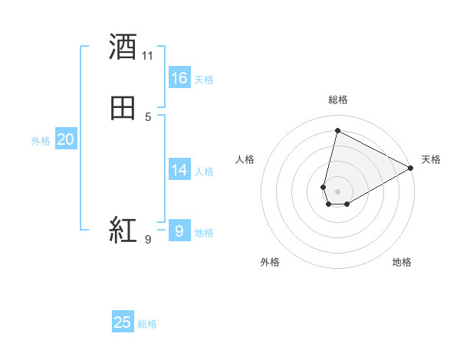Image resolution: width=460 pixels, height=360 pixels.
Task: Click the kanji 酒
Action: point(123,47)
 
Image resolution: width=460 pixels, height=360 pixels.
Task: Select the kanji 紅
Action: point(123,229)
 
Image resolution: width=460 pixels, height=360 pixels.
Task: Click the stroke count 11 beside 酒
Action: point(148,56)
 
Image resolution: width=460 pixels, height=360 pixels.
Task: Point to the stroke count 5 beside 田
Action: point(148,117)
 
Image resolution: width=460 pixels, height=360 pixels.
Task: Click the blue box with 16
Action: point(179,78)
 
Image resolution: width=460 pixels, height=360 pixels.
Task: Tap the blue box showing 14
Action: point(179,170)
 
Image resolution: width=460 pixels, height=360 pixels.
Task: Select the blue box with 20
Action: point(66,139)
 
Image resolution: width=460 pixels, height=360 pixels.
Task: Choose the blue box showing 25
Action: point(123,322)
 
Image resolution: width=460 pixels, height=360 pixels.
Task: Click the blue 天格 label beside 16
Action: point(204,79)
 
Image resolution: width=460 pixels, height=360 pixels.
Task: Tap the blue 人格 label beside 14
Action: point(204,171)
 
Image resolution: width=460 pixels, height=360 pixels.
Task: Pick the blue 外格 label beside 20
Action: point(41,141)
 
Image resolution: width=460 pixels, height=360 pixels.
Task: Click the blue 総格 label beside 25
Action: point(147,324)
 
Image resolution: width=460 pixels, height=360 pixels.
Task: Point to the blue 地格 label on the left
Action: point(204,233)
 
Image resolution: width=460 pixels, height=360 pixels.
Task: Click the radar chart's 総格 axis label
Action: point(338,100)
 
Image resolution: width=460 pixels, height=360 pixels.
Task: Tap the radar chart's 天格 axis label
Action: point(431,159)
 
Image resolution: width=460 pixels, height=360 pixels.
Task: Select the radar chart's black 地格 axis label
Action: point(402,262)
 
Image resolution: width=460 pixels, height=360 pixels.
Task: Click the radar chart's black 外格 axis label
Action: point(270,262)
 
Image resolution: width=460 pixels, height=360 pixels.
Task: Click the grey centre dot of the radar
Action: point(338,191)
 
